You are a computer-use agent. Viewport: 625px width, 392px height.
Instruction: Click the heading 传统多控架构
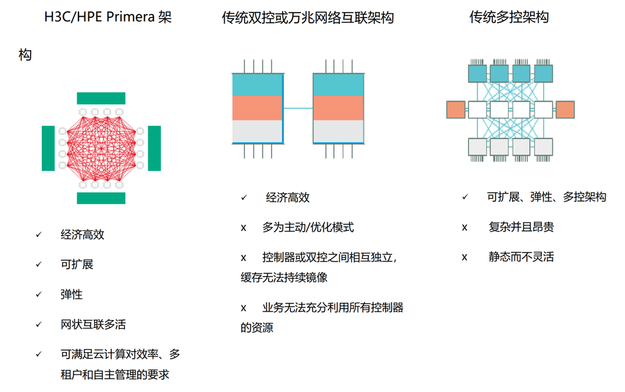pos(509,17)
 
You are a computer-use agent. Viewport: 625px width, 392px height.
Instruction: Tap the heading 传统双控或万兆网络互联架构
pos(308,17)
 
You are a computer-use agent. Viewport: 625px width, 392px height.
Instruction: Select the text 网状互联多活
pos(93,325)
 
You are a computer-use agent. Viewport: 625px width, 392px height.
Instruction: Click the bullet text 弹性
pos(72,294)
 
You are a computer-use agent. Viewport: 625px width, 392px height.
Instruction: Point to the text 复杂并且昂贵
pos(521,227)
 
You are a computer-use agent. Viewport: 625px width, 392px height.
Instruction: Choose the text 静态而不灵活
pos(521,257)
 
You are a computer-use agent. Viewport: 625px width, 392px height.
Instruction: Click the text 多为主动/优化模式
pos(308,228)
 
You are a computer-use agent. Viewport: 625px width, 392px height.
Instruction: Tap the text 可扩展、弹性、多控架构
pos(547,197)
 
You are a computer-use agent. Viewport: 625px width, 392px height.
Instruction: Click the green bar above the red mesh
pos(101,98)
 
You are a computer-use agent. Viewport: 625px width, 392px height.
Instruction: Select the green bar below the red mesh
pos(101,198)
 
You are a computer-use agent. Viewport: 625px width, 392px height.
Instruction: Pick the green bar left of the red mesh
pos(49,148)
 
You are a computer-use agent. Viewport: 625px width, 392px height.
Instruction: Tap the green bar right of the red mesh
pos(154,148)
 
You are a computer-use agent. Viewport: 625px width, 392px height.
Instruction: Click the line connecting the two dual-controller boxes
pos(298,108)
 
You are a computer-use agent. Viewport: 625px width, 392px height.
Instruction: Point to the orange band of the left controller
pos(257,108)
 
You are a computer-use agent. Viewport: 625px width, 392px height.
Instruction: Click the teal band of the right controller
pos(338,85)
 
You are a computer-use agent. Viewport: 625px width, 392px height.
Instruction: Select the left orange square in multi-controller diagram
pos(456,110)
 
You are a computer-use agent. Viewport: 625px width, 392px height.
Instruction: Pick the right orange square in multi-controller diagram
pos(565,110)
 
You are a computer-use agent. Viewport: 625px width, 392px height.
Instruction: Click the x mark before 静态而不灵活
pos(464,258)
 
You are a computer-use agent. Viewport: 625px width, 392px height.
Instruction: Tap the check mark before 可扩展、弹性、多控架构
pos(465,197)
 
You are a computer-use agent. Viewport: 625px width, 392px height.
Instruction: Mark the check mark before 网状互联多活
pos(39,324)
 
